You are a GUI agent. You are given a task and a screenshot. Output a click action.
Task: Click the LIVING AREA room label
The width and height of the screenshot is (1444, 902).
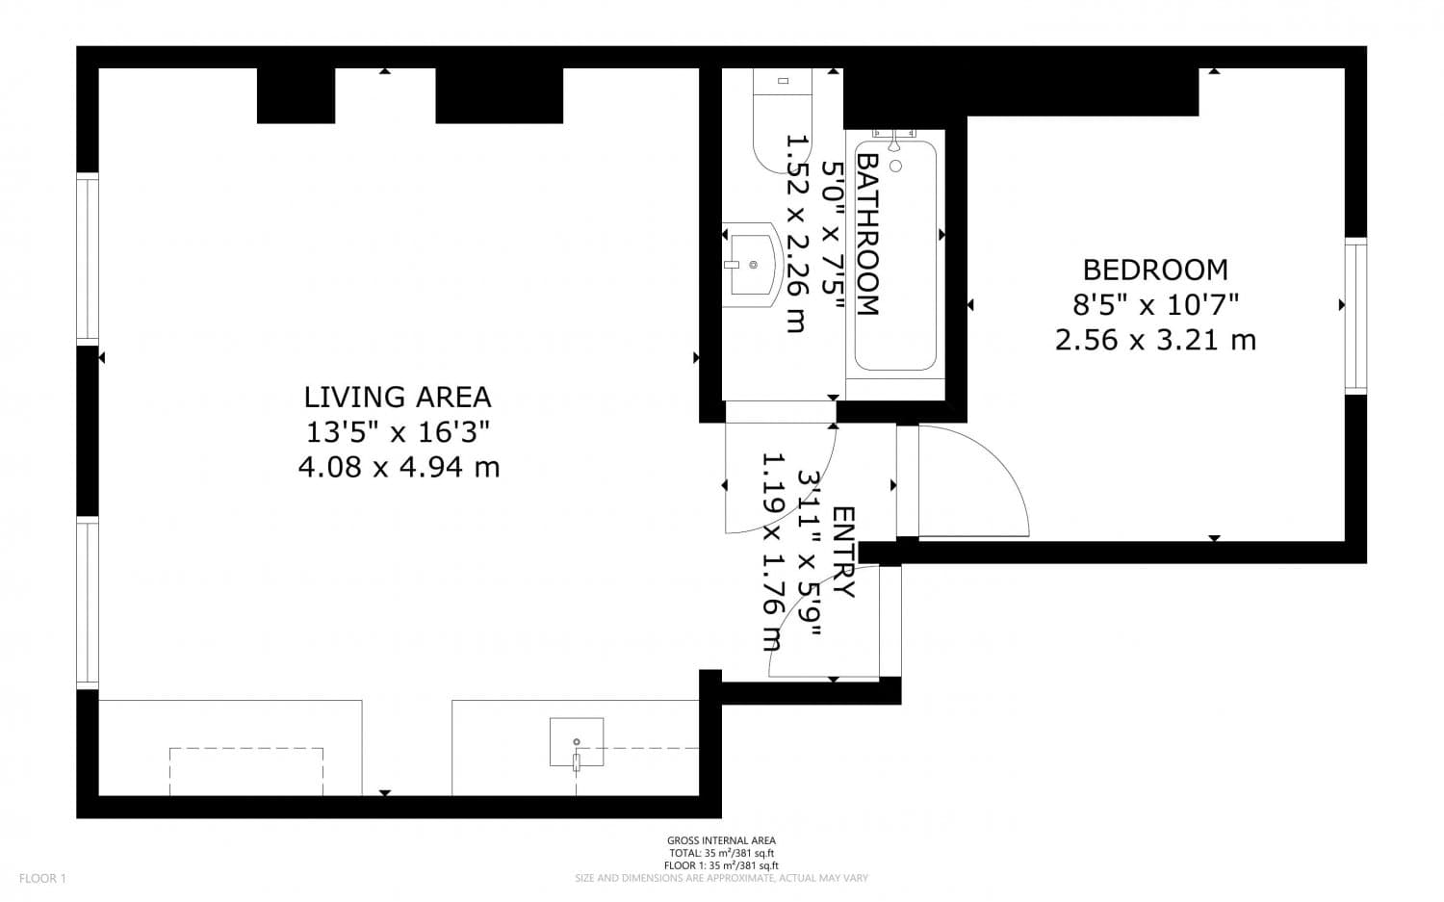tap(398, 398)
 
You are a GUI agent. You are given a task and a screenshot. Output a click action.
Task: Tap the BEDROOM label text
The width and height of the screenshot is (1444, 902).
tap(1155, 271)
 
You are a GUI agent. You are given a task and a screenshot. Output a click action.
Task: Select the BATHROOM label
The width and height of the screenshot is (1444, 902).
tap(867, 234)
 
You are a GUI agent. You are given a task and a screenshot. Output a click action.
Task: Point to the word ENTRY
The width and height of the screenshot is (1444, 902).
tap(844, 553)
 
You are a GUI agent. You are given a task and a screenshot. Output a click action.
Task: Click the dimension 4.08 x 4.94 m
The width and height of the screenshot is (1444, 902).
tap(400, 467)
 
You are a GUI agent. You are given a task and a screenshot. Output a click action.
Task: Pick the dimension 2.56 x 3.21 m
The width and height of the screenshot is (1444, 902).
tap(1155, 340)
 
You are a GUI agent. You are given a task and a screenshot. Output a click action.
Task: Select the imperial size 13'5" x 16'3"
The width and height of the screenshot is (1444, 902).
tap(398, 432)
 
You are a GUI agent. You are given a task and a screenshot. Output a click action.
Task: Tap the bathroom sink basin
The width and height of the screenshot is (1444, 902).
tap(752, 265)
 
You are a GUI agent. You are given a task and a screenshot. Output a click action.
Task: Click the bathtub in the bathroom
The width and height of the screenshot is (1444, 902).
tap(895, 256)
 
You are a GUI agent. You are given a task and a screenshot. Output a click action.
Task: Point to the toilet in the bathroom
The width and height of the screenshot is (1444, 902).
tap(782, 121)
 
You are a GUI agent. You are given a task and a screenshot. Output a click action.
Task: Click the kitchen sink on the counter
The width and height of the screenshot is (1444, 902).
tap(577, 742)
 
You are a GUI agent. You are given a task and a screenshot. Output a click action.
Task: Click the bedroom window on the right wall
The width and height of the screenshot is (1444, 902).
tap(1355, 316)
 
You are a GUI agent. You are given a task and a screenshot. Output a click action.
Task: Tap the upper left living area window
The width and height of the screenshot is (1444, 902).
tap(88, 259)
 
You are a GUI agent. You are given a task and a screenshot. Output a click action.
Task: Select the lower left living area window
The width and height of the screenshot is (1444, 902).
tap(88, 603)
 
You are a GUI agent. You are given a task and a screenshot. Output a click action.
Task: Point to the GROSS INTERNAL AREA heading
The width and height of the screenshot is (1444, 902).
tap(721, 840)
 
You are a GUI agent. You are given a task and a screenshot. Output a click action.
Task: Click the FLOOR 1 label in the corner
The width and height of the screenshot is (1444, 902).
tap(42, 878)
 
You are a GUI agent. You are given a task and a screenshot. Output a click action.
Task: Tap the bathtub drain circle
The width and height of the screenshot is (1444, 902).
tap(895, 166)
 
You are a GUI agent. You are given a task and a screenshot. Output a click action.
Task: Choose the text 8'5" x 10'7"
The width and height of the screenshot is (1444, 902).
tap(1156, 305)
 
